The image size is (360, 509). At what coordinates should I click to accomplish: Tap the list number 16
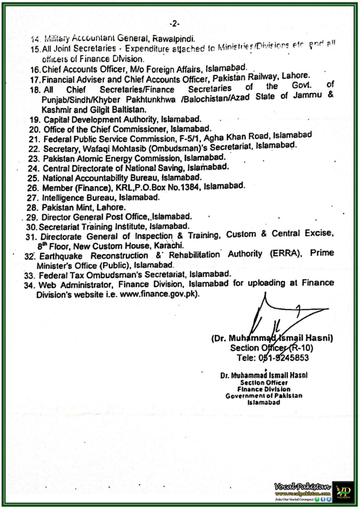coord(35,70)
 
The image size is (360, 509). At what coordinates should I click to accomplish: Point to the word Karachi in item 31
coord(169,246)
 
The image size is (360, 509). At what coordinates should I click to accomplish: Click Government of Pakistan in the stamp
coord(264,396)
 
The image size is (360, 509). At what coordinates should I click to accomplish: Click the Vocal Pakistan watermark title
coord(302,486)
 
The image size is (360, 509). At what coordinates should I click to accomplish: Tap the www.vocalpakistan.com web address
coord(302,493)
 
